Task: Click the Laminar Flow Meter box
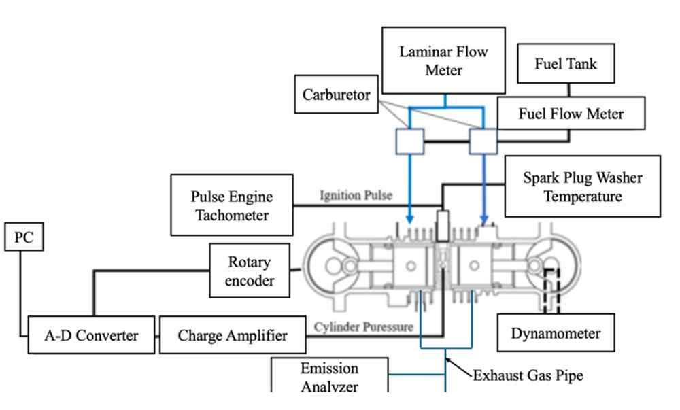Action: point(444,61)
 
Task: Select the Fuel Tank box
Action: point(566,65)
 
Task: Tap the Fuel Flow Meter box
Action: point(571,113)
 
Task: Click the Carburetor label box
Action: point(337,95)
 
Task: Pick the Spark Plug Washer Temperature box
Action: point(582,187)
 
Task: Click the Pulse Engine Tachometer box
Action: point(232,205)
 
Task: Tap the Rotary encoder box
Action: point(250,271)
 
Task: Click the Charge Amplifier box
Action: point(232,335)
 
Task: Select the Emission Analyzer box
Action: point(330,376)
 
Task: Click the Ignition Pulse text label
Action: point(356,196)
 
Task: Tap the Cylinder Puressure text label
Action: point(363,327)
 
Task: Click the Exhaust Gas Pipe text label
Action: point(528,375)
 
